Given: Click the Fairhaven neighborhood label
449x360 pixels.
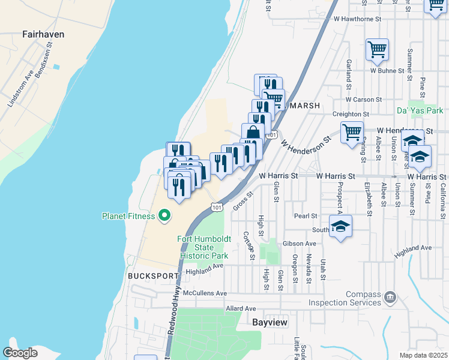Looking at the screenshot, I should click(43, 34).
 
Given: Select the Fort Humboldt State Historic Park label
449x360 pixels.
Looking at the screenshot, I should click(203, 247).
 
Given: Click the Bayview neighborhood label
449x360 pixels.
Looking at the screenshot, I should click(270, 323).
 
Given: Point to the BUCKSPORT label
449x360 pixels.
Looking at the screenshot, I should click(153, 276).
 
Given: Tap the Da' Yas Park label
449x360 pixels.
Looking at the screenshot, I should click(420, 111).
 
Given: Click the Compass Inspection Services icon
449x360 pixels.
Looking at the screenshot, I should click(390, 295).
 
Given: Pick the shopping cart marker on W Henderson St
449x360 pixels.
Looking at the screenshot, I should click(351, 131).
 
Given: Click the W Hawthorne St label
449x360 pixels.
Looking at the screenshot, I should click(358, 19).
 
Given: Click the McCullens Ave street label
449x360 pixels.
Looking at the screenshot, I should click(205, 293).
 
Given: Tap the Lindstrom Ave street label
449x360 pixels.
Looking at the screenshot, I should click(19, 88).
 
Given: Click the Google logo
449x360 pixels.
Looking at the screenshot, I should click(20, 352).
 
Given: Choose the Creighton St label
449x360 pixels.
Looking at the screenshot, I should click(351, 114).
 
